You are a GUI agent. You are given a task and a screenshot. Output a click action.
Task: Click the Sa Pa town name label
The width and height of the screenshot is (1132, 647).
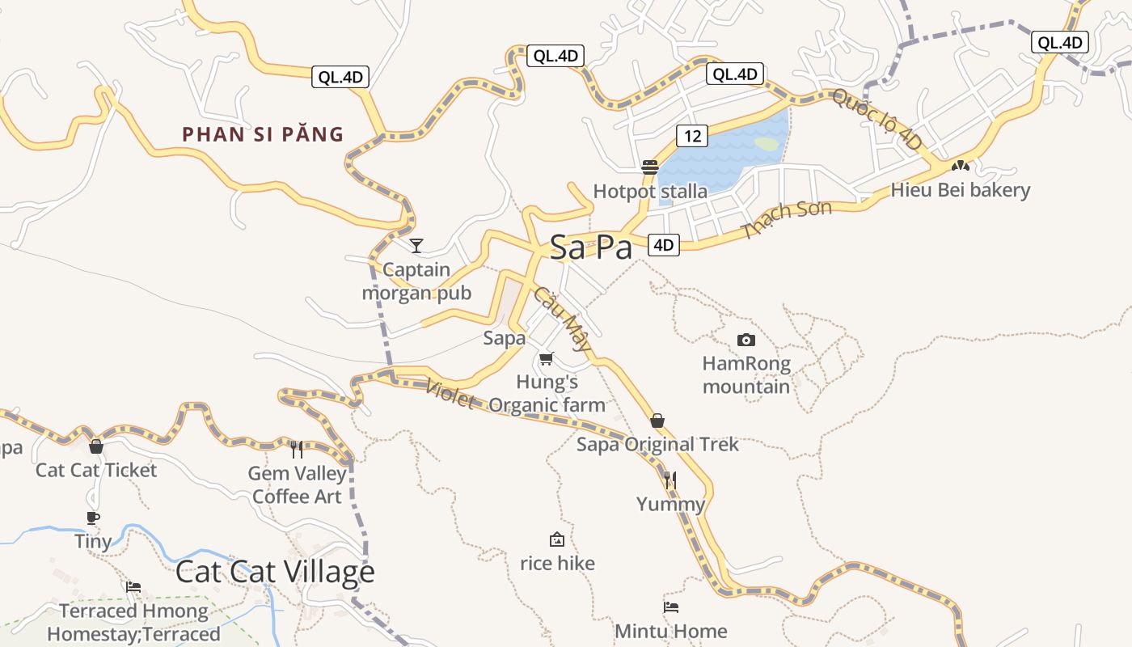point(591,247)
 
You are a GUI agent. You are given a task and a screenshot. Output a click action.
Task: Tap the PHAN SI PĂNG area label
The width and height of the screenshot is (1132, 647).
point(263,134)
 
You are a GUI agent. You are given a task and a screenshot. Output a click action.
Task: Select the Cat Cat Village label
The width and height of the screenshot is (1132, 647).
point(275,572)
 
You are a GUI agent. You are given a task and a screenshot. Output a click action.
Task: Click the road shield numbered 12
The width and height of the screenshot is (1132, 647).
point(693,136)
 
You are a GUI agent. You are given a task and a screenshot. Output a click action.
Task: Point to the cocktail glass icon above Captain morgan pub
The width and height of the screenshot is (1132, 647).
point(416,245)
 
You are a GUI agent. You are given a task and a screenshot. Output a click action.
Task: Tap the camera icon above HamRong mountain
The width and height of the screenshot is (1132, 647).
point(746,340)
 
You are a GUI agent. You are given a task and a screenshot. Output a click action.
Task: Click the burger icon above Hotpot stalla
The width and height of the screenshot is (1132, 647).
point(650,167)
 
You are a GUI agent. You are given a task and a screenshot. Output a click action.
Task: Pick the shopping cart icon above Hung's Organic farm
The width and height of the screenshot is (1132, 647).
point(547,358)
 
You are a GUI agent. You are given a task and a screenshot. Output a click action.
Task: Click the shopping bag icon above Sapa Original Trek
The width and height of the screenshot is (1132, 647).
point(657,421)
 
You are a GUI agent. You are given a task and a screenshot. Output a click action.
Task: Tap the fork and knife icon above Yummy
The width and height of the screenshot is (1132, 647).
point(669,480)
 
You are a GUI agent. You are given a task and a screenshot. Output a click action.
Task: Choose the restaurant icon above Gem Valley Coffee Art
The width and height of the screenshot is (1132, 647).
point(297,449)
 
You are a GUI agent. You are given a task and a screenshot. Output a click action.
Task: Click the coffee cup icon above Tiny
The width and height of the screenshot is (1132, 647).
point(93,518)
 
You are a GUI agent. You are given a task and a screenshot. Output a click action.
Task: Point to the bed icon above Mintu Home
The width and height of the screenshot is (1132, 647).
point(670,607)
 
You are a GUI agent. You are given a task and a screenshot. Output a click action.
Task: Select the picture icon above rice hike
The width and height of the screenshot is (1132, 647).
point(556,539)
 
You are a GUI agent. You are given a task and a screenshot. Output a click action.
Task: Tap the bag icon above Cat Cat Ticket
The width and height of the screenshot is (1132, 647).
point(96,446)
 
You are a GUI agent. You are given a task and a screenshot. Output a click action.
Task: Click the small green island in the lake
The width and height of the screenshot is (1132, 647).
point(766,144)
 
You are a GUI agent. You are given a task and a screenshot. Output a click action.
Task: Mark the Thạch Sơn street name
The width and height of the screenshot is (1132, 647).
point(786,219)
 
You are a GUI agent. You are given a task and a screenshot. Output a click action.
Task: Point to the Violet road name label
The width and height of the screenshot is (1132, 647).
point(450,394)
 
